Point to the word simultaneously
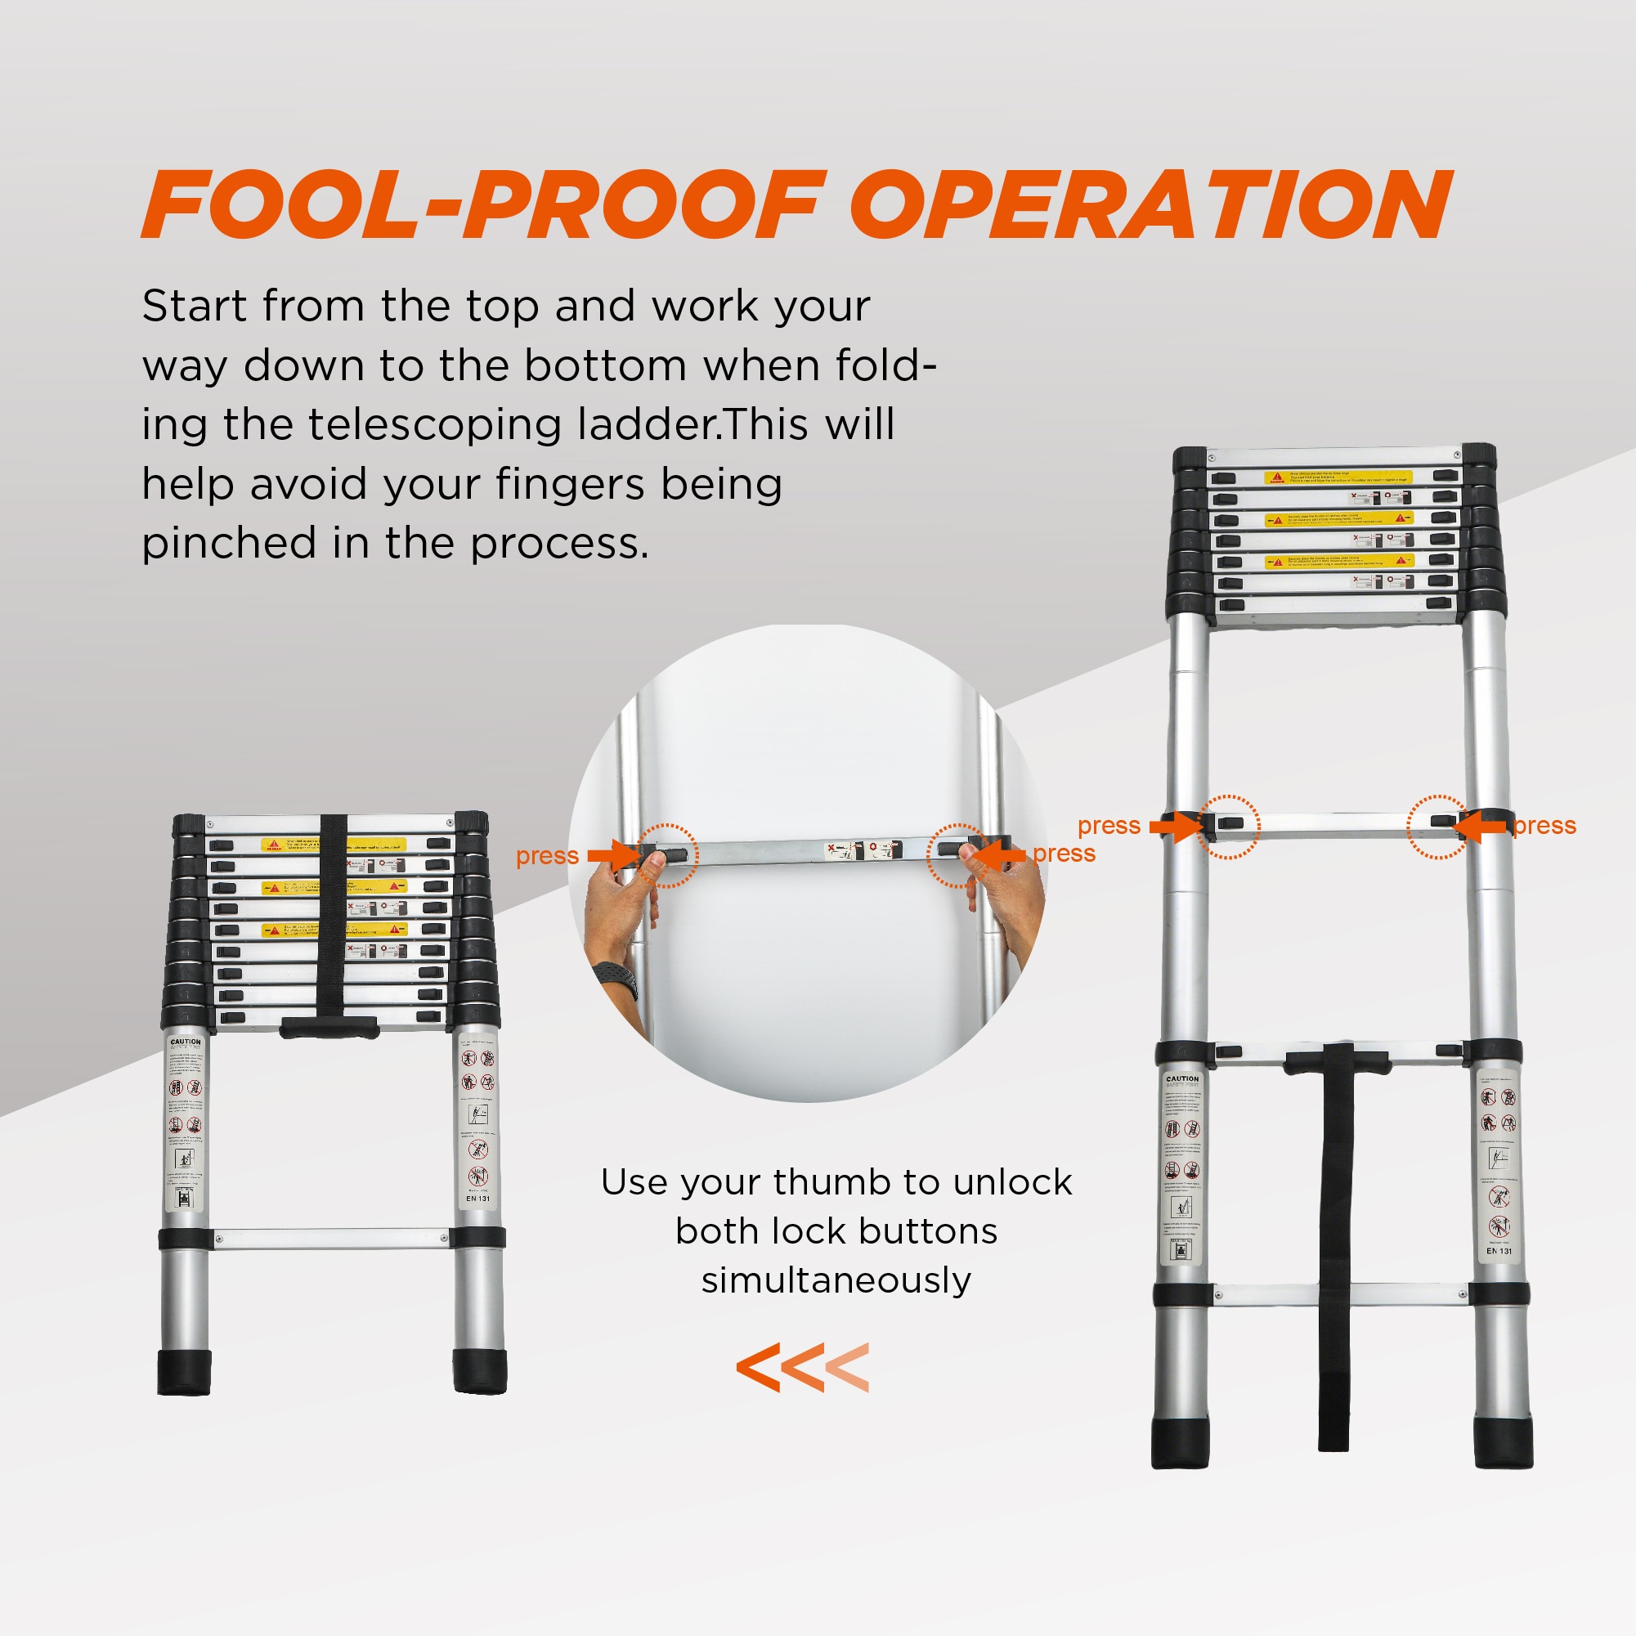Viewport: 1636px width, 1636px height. (836, 1280)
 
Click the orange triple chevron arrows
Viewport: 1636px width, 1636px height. (802, 1367)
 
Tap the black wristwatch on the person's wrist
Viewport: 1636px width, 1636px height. (616, 979)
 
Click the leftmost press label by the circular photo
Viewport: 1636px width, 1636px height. (547, 856)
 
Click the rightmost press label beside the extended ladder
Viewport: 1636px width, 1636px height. (1544, 826)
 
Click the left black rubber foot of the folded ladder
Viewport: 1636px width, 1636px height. (184, 1372)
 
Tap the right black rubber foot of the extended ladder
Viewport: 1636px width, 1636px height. (1503, 1442)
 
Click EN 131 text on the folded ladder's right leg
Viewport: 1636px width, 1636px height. (477, 1199)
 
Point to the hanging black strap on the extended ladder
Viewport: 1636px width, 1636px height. (1335, 1253)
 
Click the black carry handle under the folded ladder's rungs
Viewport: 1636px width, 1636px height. (329, 1027)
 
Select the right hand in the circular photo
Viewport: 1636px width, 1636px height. (1012, 898)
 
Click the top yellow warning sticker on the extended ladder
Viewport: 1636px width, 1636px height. (1338, 477)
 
